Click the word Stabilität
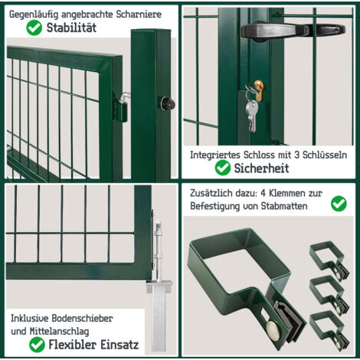(x=71, y=28)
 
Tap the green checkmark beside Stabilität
(x=34, y=28)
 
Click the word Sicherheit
(x=261, y=169)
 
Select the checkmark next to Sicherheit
(x=223, y=168)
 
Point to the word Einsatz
(x=119, y=345)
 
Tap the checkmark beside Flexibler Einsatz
(x=37, y=345)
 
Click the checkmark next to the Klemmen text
(x=339, y=204)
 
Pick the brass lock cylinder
(x=259, y=90)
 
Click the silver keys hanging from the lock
(x=251, y=113)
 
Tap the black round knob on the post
(x=167, y=103)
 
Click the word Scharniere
(x=139, y=15)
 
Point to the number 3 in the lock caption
(x=296, y=155)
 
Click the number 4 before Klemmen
(x=263, y=193)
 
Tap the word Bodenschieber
(x=82, y=319)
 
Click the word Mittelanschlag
(x=60, y=332)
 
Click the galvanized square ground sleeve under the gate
(x=159, y=316)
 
